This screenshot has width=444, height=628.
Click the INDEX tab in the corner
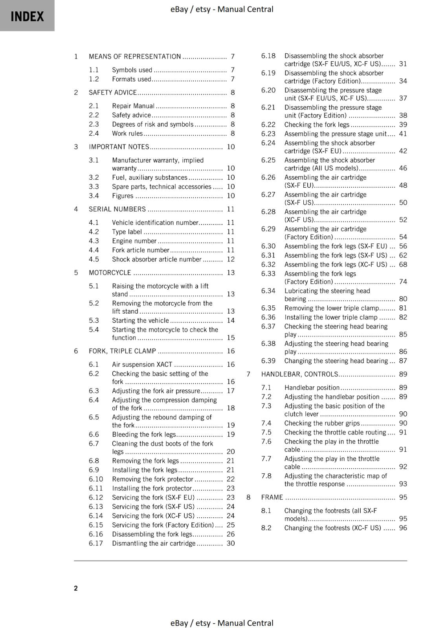[x=27, y=16]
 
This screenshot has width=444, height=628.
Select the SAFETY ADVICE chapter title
[x=112, y=93]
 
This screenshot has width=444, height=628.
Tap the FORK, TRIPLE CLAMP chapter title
[x=122, y=351]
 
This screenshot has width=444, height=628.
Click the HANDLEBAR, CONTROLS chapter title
[x=299, y=374]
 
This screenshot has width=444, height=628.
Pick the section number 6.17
[x=95, y=543]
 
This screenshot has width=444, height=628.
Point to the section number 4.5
[x=94, y=259]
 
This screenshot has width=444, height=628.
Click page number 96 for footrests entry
[x=403, y=528]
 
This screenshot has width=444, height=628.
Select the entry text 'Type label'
[x=127, y=232]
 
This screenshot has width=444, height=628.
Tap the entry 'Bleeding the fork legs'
[x=144, y=434]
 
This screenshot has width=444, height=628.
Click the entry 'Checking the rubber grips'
[x=322, y=423]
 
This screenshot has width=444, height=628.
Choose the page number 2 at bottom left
[x=76, y=588]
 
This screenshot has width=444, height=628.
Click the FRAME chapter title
[x=272, y=497]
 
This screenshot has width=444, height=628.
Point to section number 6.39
[x=268, y=361]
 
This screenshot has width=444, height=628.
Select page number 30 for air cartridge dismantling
[x=231, y=543]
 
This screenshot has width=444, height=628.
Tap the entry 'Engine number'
[x=134, y=241]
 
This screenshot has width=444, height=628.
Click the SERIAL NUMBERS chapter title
[x=117, y=209]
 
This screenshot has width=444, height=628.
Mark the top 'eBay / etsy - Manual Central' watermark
[x=222, y=9]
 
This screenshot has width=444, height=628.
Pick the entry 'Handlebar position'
[x=312, y=387]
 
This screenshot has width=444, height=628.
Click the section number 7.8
[x=266, y=476]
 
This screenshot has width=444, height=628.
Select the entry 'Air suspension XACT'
[x=142, y=364]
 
